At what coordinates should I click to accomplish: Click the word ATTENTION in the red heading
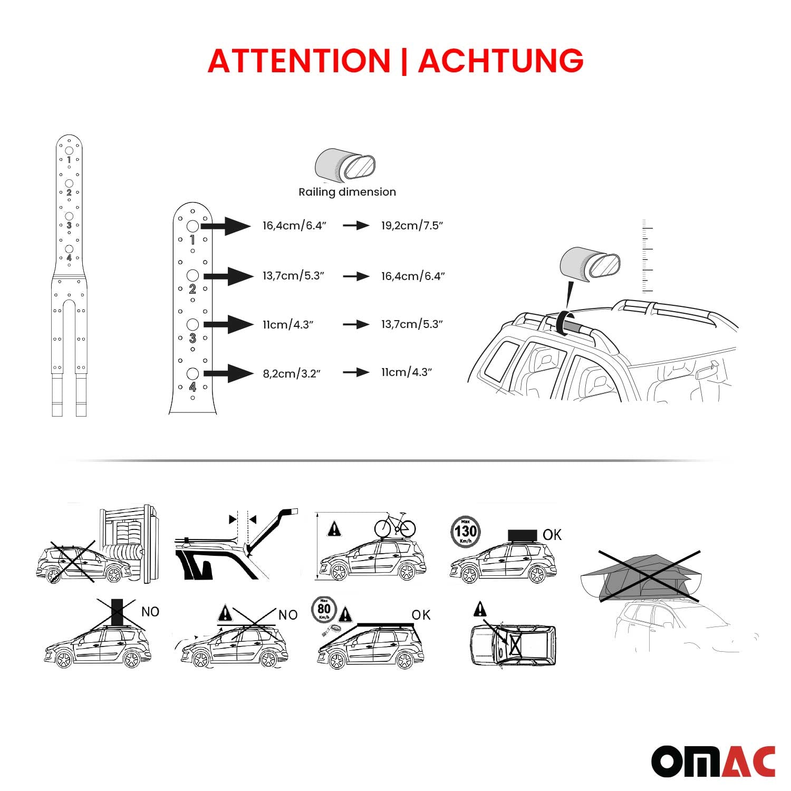(299, 61)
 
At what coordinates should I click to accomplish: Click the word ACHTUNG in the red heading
(500, 61)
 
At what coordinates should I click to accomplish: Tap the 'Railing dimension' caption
(347, 192)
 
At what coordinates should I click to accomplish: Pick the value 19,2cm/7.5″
(412, 226)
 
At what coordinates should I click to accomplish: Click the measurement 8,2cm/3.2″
(292, 374)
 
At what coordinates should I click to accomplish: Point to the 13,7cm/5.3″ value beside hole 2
(293, 276)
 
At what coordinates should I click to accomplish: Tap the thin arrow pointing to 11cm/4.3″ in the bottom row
(356, 372)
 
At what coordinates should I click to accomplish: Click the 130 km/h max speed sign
(466, 532)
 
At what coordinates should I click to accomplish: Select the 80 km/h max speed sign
(324, 610)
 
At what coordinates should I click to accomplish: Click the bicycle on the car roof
(395, 525)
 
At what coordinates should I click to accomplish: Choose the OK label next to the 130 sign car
(552, 535)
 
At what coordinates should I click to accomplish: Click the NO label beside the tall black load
(150, 612)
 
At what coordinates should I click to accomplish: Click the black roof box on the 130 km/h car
(522, 535)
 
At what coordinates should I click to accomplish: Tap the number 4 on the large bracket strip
(192, 387)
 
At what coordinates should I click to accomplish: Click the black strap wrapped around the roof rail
(563, 322)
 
